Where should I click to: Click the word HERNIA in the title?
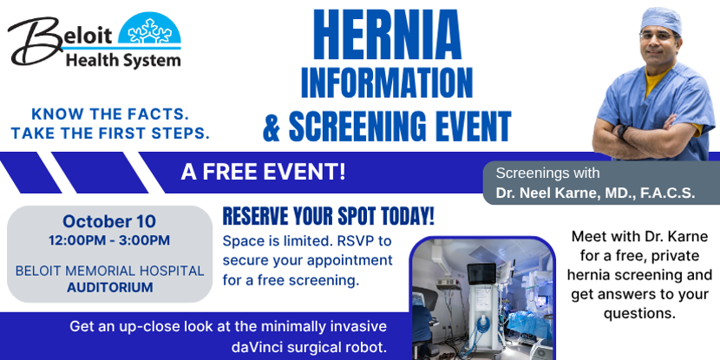pos(386,36)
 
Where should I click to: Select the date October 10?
pos(109,221)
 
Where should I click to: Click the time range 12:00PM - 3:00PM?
pos(109,240)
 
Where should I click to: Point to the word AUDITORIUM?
pos(110,288)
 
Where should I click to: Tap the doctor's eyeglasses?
pos(658,36)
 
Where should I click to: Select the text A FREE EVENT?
pos(263,173)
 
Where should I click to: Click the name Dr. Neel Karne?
pos(547,193)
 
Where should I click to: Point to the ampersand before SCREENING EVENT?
pos(272,127)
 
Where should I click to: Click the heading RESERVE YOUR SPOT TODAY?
pos(328,216)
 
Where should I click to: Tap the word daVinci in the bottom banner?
pos(254,347)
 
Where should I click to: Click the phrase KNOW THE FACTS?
pos(110,114)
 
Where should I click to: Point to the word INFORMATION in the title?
pos(387,83)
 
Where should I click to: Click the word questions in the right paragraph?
pos(639,314)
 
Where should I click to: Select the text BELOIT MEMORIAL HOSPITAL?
pos(110,271)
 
